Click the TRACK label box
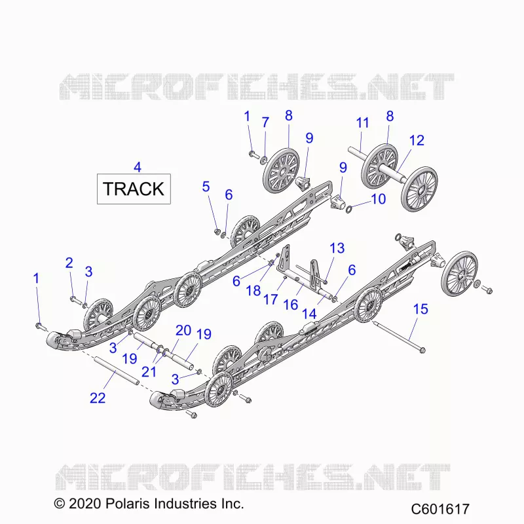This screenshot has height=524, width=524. click(134, 189)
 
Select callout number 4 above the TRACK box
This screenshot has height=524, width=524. click(138, 167)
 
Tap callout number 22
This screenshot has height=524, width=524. click(98, 398)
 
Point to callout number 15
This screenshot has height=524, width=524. click(421, 309)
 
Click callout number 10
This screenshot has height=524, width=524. click(379, 199)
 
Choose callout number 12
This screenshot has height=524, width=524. click(417, 140)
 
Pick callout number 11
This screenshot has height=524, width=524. click(362, 122)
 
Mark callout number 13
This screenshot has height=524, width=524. click(337, 248)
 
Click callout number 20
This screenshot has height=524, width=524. click(183, 331)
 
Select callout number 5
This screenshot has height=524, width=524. click(206, 187)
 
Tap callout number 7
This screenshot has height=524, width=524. click(265, 122)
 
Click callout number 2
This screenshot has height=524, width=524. click(69, 263)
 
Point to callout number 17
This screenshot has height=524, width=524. click(271, 299)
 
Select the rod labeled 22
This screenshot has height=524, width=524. click(117, 371)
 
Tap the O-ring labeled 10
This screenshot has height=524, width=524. click(348, 210)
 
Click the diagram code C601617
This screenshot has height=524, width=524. click(440, 509)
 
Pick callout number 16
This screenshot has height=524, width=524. click(290, 305)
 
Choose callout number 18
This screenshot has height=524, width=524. click(253, 290)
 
